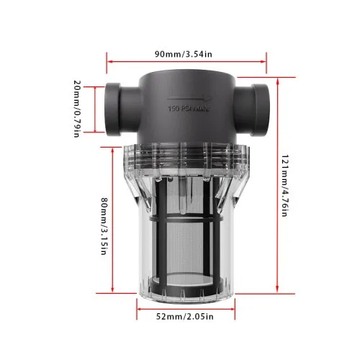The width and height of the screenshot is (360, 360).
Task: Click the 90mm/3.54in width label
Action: [x=184, y=54]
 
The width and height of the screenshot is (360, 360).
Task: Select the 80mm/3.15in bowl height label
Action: [x=104, y=226]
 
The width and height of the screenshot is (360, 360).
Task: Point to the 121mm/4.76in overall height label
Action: [x=284, y=186]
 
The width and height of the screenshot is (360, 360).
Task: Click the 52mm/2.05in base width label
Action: [x=185, y=317]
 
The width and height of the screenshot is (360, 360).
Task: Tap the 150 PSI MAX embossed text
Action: [x=189, y=109]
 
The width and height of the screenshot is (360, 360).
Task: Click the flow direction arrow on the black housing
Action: [x=190, y=99]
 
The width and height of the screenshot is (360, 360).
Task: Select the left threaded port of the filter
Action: [x=122, y=109]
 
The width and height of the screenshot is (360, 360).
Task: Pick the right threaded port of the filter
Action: [x=252, y=109]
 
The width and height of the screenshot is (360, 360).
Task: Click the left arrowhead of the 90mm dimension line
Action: [x=109, y=62]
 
